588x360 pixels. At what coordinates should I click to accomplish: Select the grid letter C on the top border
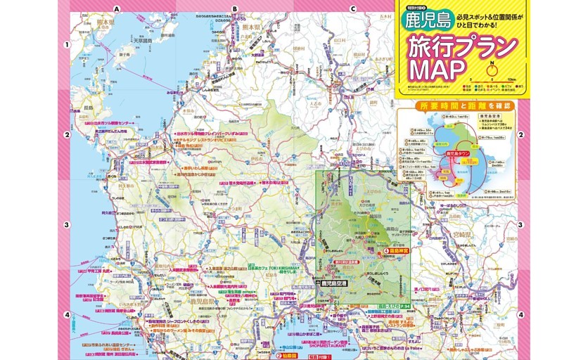point(352,9)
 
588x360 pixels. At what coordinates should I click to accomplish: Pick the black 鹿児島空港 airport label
point(335,284)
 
